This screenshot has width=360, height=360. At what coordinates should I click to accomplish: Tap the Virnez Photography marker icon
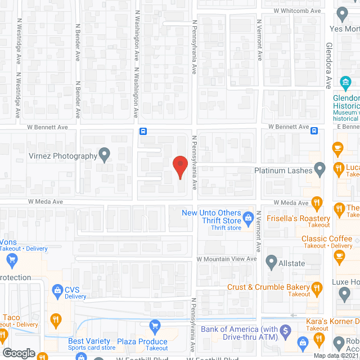click(x=104, y=153)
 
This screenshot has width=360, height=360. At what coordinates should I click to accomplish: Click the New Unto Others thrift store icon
click(x=247, y=217)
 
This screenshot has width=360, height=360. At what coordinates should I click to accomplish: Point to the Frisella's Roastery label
click(x=299, y=218)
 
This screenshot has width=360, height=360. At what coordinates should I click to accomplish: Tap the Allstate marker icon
click(x=271, y=262)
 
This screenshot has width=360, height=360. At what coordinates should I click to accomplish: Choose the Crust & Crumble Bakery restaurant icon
click(x=317, y=289)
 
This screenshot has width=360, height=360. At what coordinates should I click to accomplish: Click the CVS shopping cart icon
click(x=57, y=290)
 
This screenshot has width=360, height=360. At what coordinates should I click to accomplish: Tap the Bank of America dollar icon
click(x=286, y=330)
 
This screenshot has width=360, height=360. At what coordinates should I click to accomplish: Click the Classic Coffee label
click(x=326, y=239)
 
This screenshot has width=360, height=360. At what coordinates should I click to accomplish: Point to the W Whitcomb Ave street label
click(x=297, y=11)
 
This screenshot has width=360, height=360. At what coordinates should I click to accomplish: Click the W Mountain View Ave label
click(x=226, y=258)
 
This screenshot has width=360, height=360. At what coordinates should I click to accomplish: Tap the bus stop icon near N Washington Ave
click(x=143, y=131)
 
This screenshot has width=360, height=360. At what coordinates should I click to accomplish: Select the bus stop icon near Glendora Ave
click(x=314, y=130)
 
